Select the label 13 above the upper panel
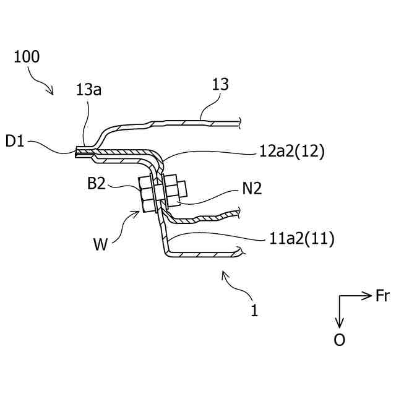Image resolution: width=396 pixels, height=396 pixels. pos(220,84)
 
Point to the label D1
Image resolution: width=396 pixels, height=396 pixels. pos(15,141)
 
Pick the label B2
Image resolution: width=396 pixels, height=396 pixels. pos(98,184)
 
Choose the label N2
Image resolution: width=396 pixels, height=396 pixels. pos(251,189)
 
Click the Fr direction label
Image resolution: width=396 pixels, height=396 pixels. pos(382,296)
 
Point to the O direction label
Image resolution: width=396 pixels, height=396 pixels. pos(339,340)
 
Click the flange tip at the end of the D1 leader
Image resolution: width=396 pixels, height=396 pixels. pos(77,152)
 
